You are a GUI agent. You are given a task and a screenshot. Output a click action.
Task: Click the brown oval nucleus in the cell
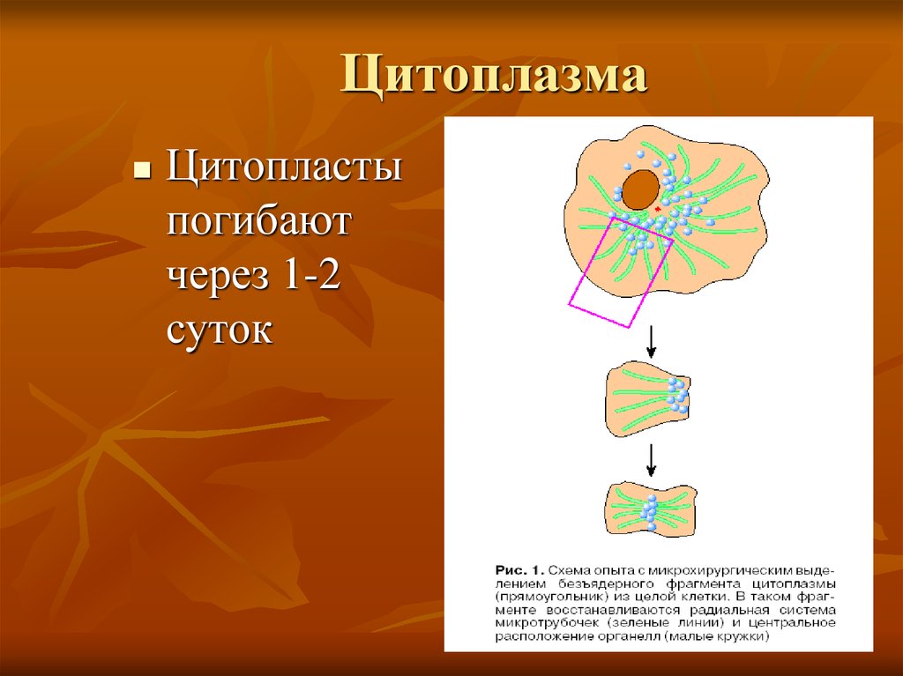641,189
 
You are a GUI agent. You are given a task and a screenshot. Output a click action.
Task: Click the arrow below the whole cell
651,340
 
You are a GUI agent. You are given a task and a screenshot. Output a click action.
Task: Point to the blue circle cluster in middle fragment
677,395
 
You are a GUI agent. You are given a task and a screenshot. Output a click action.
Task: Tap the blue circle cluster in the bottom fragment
650,510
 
